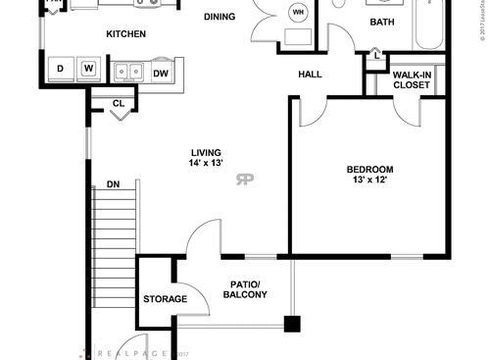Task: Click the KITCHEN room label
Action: tap(125, 34)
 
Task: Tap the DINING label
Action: tap(220, 17)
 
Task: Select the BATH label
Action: tap(382, 23)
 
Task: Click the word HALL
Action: tap(311, 75)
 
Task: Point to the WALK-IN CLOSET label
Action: tap(411, 79)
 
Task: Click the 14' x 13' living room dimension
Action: tap(207, 164)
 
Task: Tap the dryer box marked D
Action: tap(60, 69)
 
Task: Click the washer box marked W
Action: tap(88, 69)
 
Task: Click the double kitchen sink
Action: tap(127, 71)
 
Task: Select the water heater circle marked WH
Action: tap(299, 12)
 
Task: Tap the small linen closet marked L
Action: tap(377, 57)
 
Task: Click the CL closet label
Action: tap(118, 102)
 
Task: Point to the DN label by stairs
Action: tap(113, 184)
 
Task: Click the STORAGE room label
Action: tap(165, 299)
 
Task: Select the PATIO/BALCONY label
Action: tap(244, 289)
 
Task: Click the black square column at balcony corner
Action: tap(291, 324)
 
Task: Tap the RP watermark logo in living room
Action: tap(245, 179)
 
